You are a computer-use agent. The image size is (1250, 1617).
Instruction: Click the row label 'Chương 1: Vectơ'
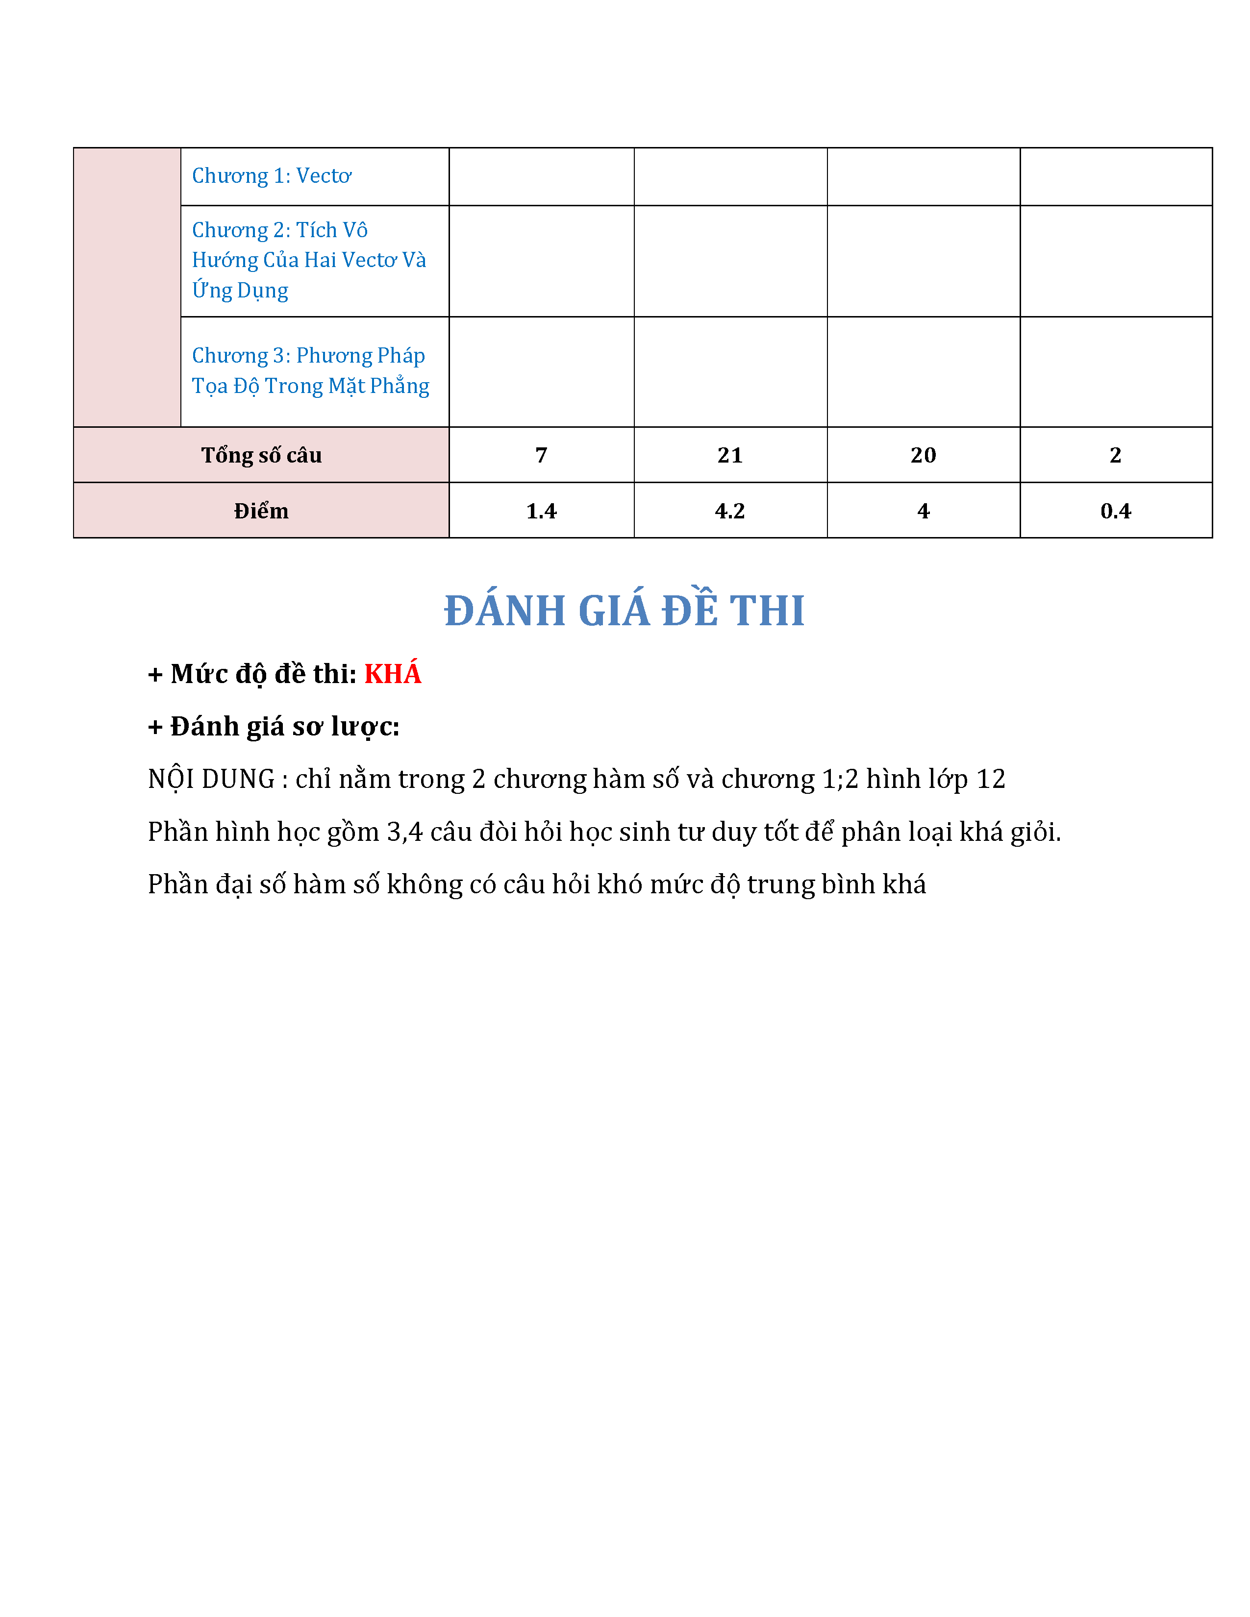(x=271, y=176)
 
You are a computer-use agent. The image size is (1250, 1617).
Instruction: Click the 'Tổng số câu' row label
(x=261, y=455)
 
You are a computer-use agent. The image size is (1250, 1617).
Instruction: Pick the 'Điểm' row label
(x=261, y=511)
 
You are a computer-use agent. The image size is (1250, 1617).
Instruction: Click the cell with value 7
(x=541, y=455)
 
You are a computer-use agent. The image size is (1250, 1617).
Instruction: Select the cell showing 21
(x=730, y=455)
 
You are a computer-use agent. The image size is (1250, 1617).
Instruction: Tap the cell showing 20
(x=924, y=455)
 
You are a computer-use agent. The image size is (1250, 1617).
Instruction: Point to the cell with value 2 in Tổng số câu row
(x=1115, y=455)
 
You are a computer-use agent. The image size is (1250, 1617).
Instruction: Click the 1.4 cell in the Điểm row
(x=541, y=511)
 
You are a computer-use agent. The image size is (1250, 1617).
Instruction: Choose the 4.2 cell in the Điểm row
(x=730, y=511)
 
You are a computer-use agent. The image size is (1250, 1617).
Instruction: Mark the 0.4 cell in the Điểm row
(x=1115, y=511)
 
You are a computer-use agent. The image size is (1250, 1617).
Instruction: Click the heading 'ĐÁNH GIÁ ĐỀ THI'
(x=624, y=611)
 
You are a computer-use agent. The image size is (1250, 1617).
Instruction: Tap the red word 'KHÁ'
(x=393, y=674)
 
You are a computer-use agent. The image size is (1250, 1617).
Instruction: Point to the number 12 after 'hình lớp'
(x=990, y=780)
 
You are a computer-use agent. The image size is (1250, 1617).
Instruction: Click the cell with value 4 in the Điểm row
(x=924, y=511)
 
